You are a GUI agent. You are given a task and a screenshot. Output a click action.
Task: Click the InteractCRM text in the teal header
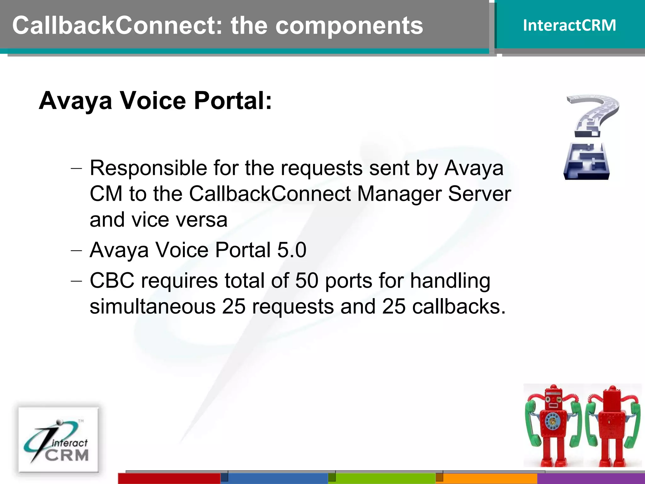point(569,25)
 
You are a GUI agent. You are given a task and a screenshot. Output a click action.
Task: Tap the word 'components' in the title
point(349,26)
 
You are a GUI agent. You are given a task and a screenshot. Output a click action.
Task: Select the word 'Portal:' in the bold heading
point(232,101)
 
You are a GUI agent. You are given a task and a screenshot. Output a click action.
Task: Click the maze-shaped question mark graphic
point(590,137)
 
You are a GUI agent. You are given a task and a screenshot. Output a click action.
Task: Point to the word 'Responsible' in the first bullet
point(148,168)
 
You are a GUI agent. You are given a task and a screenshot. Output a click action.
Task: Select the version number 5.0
point(292,250)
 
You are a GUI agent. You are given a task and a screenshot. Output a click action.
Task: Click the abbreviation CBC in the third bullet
point(112,280)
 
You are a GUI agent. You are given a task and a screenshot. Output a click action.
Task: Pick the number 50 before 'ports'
point(307,280)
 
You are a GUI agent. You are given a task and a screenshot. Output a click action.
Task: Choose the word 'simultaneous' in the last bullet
point(152,306)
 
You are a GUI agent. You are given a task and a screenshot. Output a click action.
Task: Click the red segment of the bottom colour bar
point(169,478)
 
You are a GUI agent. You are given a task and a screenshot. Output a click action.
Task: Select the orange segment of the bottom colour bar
point(490,478)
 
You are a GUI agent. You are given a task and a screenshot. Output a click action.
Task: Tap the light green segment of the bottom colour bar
point(385,478)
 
